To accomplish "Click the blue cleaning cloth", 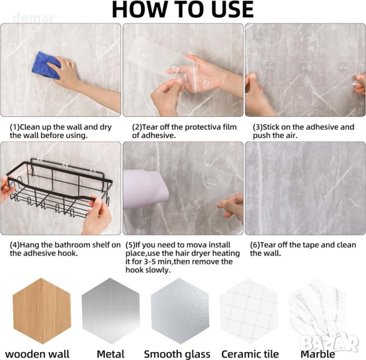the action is tap(46, 65).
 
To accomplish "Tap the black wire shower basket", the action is tap(58, 187).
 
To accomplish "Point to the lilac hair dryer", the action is tap(145, 190).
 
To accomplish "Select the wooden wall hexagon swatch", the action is tap(41, 311).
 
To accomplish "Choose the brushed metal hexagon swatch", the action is tap(110, 311).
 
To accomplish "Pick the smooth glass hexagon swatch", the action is tap(180, 311).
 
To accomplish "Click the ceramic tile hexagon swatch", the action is tap(249, 311).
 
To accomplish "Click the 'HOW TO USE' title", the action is tap(183, 10).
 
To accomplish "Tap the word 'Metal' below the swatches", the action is tap(110, 354).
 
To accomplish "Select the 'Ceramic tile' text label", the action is tap(250, 354).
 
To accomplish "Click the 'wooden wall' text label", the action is tap(37, 354).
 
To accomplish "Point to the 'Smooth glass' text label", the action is tap(177, 354).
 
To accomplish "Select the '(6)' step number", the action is tap(255, 245).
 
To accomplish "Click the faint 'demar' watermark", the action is tap(34, 18).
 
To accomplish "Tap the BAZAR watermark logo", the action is tap(329, 343).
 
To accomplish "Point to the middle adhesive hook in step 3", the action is tap(305, 68).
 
